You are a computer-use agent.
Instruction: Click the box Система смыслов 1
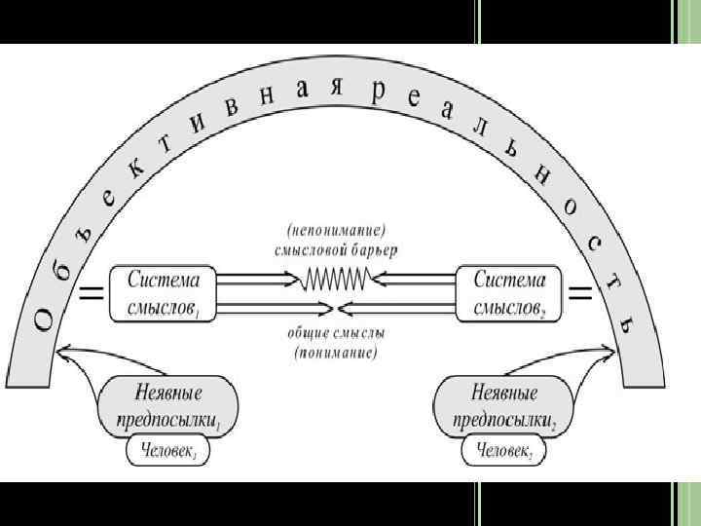(x=162, y=291)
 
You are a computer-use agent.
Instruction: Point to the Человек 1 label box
(x=168, y=451)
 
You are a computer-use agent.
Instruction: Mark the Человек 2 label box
(x=502, y=451)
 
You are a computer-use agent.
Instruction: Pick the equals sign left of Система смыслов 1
(x=92, y=292)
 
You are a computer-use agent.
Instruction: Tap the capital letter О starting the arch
(x=45, y=319)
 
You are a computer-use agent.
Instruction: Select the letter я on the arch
(x=336, y=86)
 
